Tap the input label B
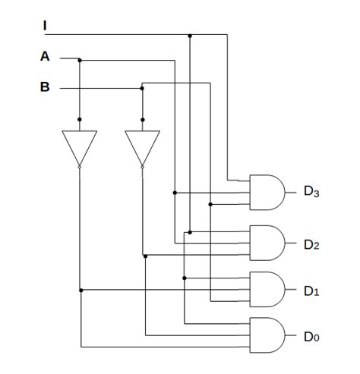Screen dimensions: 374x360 pos(45,87)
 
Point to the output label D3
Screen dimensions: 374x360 pos(311,192)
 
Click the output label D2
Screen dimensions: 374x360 pos(311,244)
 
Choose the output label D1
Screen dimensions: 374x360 pos(311,291)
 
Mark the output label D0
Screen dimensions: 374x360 pos(311,336)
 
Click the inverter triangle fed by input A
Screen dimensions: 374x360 pos(80,146)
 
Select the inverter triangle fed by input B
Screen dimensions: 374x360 pos(142,146)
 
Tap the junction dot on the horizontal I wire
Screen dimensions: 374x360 pos(190,35)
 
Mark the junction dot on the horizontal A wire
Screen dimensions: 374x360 pos(80,58)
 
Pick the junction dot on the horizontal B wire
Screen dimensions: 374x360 pos(142,88)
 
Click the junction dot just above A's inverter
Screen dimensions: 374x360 pos(80,119)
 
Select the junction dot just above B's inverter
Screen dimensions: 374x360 pos(142,119)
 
